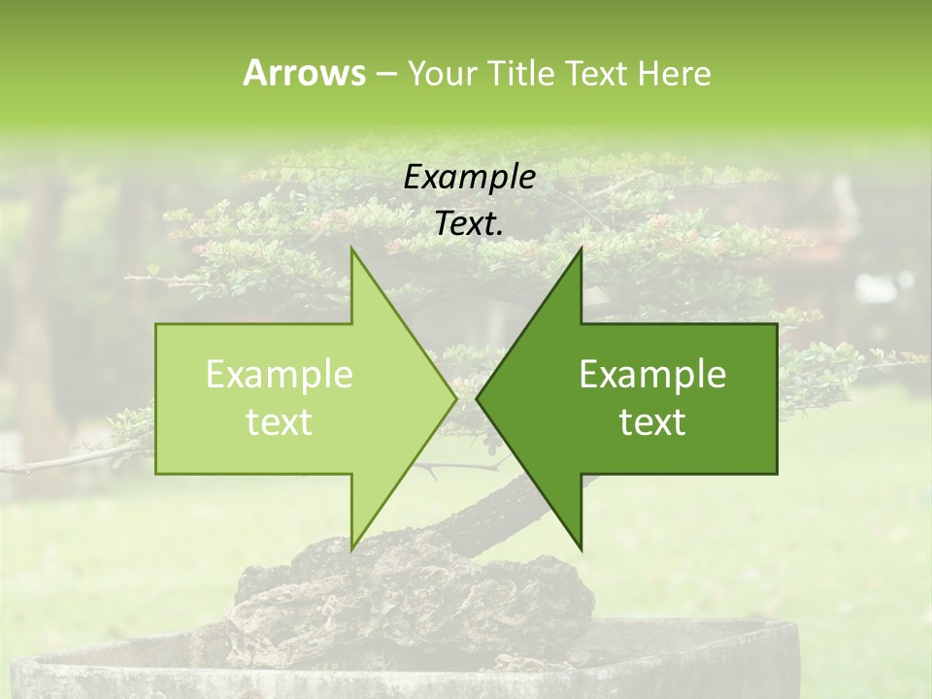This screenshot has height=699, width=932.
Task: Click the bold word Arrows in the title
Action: [x=303, y=73]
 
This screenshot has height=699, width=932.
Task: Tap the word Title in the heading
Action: [x=520, y=73]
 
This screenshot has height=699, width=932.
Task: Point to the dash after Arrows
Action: [x=385, y=74]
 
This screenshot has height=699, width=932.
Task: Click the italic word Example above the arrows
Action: [x=470, y=178]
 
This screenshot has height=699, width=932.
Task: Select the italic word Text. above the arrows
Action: [x=470, y=224]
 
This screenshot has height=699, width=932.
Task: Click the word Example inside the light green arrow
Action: [x=280, y=375]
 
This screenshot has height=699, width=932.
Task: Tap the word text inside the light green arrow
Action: [x=280, y=422]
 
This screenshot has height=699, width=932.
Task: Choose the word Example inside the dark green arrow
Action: [x=652, y=375]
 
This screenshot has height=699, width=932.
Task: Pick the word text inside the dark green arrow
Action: [x=652, y=422]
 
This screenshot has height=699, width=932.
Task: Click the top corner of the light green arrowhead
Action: [x=351, y=250]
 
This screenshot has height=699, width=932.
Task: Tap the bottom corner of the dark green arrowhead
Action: [x=581, y=549]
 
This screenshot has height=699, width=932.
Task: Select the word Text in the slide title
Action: [x=595, y=73]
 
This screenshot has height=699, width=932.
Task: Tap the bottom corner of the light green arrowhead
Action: [x=351, y=549]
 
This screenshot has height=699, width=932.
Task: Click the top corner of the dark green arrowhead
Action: [x=581, y=250]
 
